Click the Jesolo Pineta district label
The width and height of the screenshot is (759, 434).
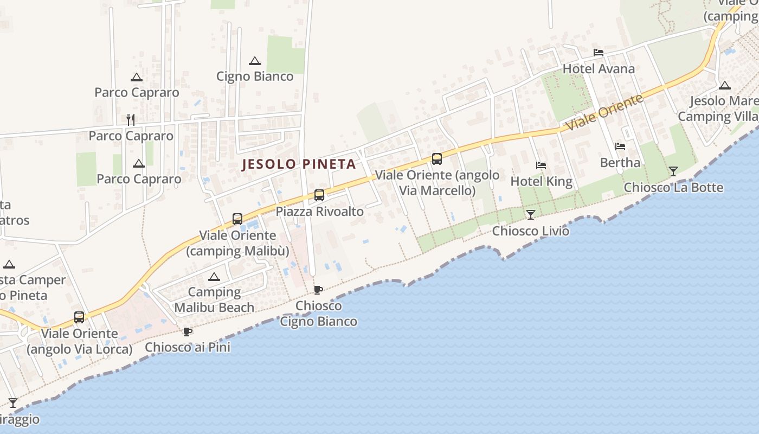pos(299,164)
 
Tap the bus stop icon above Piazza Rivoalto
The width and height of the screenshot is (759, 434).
pos(319,195)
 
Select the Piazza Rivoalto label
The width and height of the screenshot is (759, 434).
pos(320,212)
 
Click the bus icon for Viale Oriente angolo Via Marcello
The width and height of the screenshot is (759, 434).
pos(437,159)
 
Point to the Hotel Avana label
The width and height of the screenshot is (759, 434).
pos(599,69)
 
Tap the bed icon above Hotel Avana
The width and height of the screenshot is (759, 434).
pos(599,53)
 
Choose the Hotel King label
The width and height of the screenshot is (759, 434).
pos(542,181)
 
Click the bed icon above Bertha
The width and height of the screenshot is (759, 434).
pos(620,146)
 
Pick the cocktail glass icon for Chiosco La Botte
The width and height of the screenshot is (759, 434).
pos(673,171)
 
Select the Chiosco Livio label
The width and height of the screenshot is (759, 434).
pos(531,231)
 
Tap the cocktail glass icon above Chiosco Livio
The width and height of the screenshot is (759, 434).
pos(531,215)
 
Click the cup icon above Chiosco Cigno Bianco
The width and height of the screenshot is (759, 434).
pos(318,290)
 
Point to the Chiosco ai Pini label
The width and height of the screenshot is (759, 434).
pos(188,347)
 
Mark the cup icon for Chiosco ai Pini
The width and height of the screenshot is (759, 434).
pos(188,331)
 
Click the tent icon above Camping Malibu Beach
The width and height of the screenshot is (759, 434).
pos(214,277)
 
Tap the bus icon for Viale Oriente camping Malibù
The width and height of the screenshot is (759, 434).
pos(237,219)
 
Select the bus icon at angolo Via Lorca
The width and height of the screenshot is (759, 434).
pos(79,317)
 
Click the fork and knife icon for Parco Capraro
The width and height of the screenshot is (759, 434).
pos(131,119)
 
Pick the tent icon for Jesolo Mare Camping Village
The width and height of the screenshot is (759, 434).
pos(724,85)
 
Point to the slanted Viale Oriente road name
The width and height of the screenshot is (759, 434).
pos(605,112)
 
